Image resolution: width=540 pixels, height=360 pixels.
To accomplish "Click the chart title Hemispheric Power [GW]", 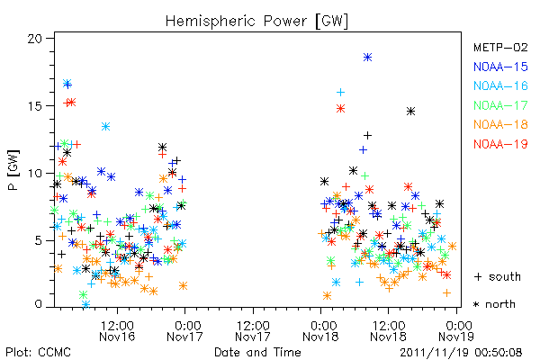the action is pyautogui.click(x=256, y=21).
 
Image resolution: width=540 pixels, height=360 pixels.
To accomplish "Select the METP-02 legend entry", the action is pyautogui.click(x=500, y=48).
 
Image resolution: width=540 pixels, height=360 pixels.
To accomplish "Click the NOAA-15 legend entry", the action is pyautogui.click(x=500, y=67).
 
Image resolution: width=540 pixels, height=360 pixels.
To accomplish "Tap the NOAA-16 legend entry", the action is pyautogui.click(x=500, y=85).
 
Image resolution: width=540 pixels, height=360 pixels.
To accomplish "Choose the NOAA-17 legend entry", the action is pyautogui.click(x=500, y=105).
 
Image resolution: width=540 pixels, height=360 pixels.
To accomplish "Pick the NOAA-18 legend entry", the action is pyautogui.click(x=500, y=124).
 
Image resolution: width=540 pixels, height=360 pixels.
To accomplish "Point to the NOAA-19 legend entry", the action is pyautogui.click(x=500, y=144).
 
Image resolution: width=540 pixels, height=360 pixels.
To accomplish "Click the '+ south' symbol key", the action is pyautogui.click(x=498, y=276).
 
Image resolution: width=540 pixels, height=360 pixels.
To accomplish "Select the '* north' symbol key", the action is pyautogui.click(x=494, y=304).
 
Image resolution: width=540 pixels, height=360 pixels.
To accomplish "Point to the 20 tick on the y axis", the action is pyautogui.click(x=35, y=38).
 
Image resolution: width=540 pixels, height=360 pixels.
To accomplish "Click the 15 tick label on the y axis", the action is pyautogui.click(x=35, y=106).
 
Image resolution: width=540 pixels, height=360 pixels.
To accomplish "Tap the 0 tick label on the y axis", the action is pyautogui.click(x=38, y=304).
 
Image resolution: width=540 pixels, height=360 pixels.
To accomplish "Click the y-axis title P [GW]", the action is pyautogui.click(x=13, y=170).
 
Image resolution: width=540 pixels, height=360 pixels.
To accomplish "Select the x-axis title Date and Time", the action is pyautogui.click(x=257, y=352).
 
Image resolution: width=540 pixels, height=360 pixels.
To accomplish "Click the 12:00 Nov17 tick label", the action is pyautogui.click(x=253, y=331).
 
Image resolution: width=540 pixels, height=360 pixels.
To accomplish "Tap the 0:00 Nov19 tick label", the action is pyautogui.click(x=456, y=331).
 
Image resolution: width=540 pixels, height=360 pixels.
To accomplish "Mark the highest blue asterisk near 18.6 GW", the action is pyautogui.click(x=367, y=58).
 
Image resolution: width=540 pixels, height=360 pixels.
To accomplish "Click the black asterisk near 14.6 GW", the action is pyautogui.click(x=410, y=112).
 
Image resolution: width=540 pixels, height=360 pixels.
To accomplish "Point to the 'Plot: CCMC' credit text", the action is pyautogui.click(x=38, y=352).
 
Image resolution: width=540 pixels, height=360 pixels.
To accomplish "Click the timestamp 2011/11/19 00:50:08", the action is pyautogui.click(x=461, y=352).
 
